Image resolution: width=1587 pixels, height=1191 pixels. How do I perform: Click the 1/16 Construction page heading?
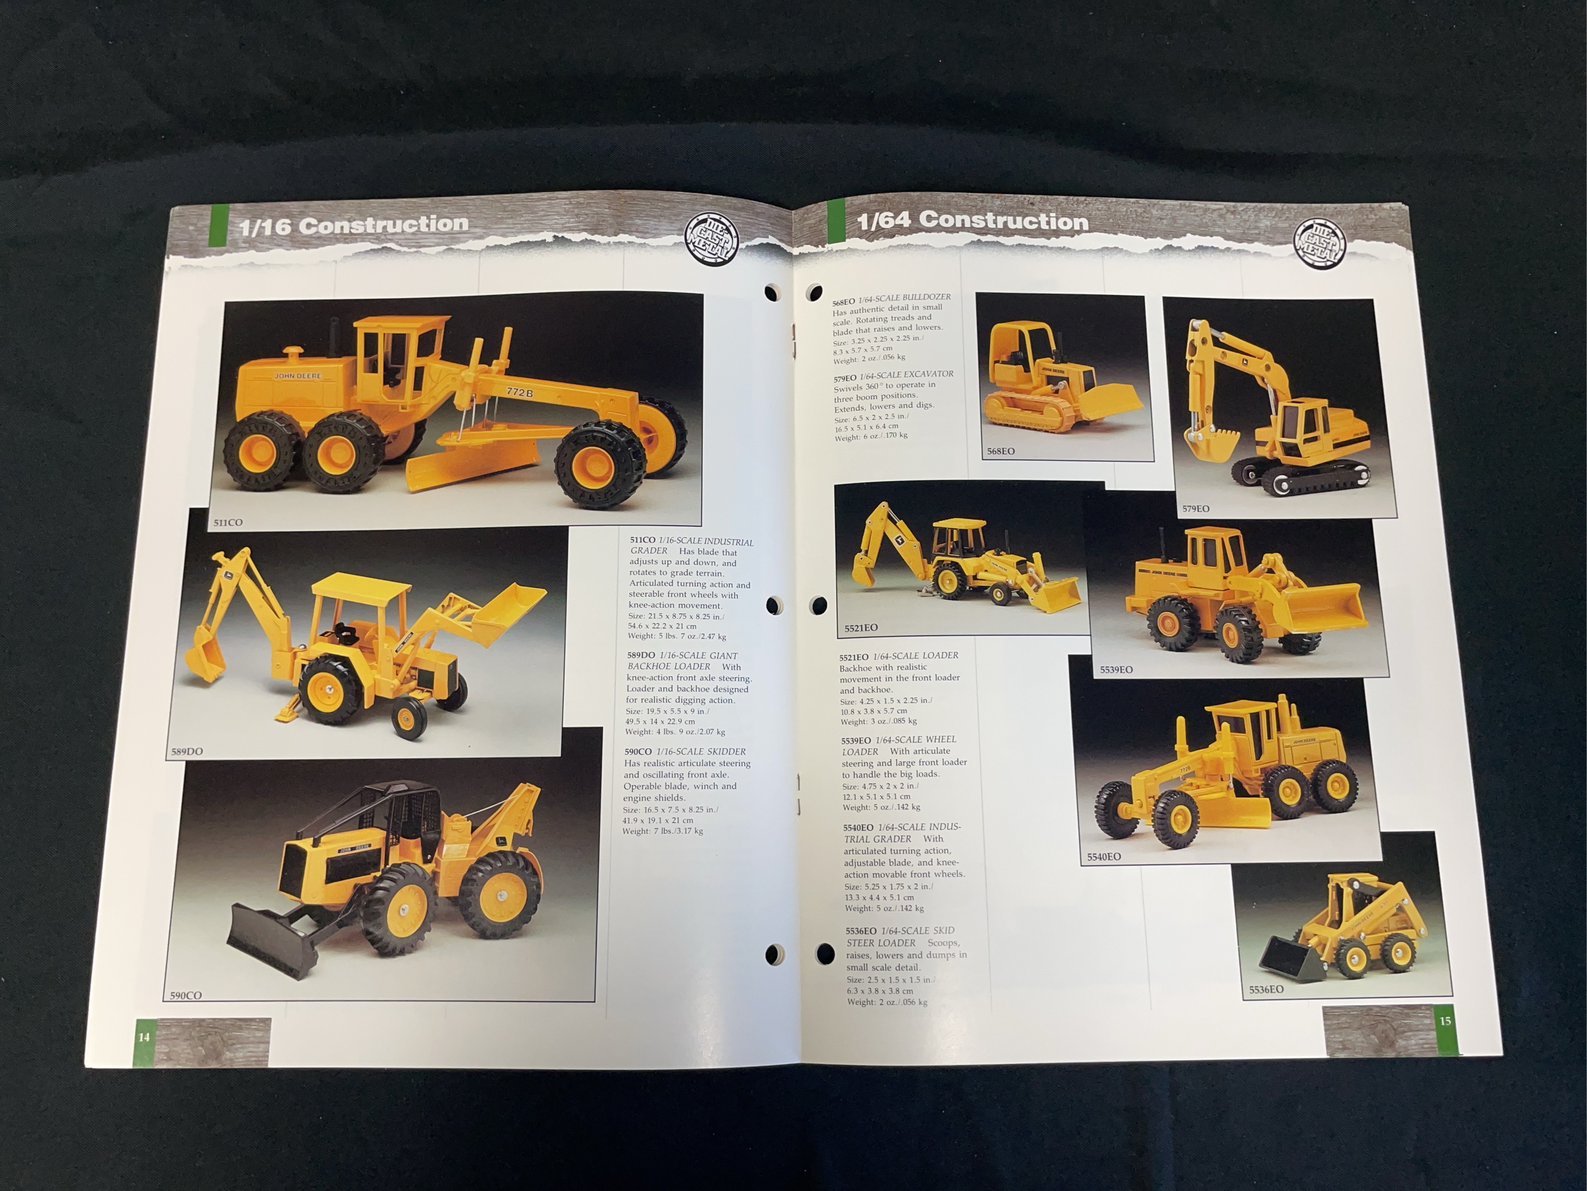click(353, 225)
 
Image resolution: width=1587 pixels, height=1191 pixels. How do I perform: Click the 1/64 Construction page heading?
click(973, 220)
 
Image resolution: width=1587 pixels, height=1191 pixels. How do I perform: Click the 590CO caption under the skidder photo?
click(186, 995)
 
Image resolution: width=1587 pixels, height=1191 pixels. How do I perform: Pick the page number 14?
click(144, 1037)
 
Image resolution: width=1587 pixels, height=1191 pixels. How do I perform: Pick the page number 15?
click(1445, 1021)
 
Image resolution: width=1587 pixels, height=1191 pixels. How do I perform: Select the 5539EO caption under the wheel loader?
click(1116, 670)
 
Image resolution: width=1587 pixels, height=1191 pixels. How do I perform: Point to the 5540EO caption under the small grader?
click(1103, 856)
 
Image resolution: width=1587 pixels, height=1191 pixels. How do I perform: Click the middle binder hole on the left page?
click(774, 605)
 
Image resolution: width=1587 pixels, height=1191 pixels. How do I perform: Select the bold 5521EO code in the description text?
click(854, 656)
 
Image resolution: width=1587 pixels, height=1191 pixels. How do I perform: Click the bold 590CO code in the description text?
click(638, 752)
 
